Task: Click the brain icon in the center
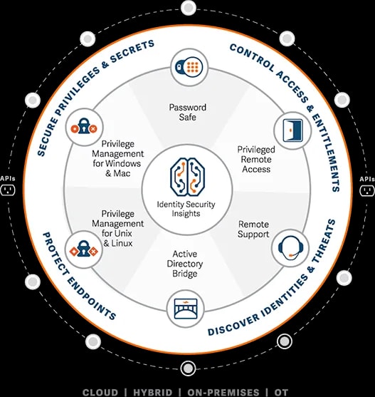pyautogui.click(x=187, y=177)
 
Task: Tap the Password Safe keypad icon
pyautogui.click(x=189, y=67)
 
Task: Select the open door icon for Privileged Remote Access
pyautogui.click(x=292, y=130)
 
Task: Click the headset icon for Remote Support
pyautogui.click(x=290, y=247)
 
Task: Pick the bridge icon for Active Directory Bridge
pyautogui.click(x=186, y=309)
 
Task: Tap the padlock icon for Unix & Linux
pyautogui.click(x=84, y=249)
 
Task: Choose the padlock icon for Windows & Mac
pyautogui.click(x=84, y=126)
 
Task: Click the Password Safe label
pyautogui.click(x=188, y=112)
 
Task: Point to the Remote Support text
pyautogui.click(x=253, y=229)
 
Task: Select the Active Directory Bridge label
pyautogui.click(x=185, y=264)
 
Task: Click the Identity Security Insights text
pyautogui.click(x=186, y=209)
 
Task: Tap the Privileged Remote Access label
pyautogui.click(x=256, y=159)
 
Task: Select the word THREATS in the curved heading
pyautogui.click(x=324, y=242)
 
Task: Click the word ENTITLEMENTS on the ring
pyautogui.click(x=327, y=152)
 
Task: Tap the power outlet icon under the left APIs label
pyautogui.click(x=8, y=190)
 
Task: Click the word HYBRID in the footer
pyautogui.click(x=153, y=393)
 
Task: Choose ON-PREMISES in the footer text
pyautogui.click(x=223, y=393)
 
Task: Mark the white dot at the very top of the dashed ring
pyautogui.click(x=189, y=8)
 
